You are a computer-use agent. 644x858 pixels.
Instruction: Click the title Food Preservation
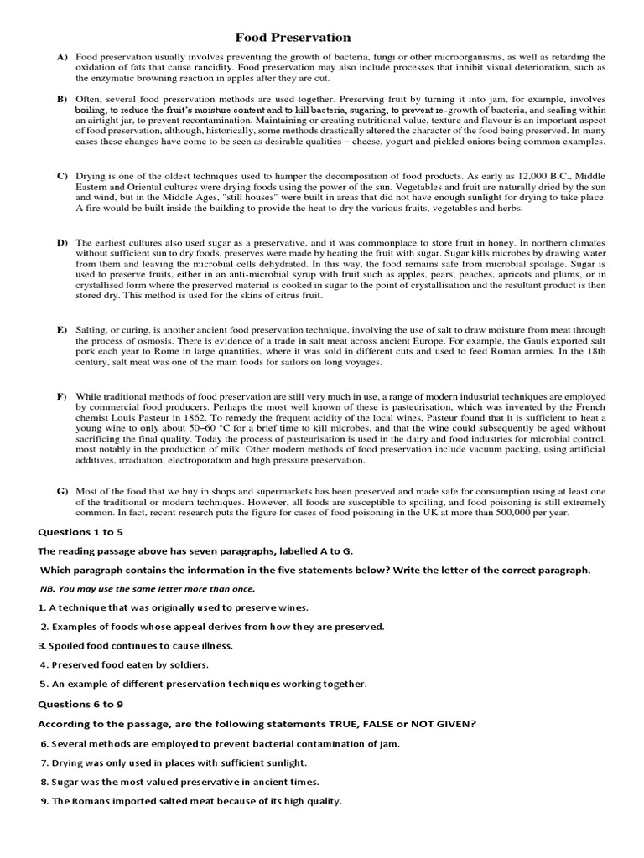pos(293,38)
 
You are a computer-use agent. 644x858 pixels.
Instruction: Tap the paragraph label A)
pos(62,56)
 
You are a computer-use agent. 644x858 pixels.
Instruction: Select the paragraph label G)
pos(62,491)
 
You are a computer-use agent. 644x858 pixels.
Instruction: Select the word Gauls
pos(480,341)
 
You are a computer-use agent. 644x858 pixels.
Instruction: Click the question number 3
pos(41,646)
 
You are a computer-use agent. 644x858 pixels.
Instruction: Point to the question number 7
pos(44,762)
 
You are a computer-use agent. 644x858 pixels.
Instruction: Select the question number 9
pos(44,801)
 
